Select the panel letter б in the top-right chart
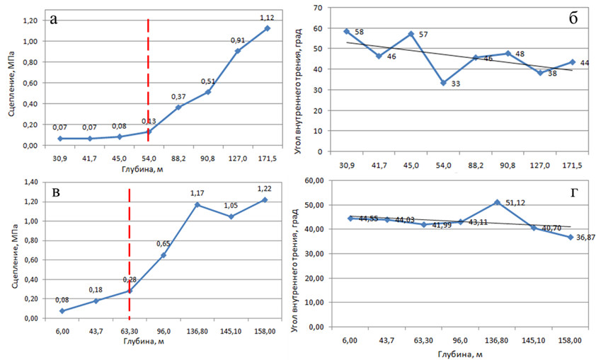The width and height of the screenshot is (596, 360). click(573, 19)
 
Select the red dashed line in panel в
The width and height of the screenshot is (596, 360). click(130, 248)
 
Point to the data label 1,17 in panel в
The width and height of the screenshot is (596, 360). click(197, 193)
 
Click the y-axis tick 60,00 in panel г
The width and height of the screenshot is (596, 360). click(317, 180)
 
